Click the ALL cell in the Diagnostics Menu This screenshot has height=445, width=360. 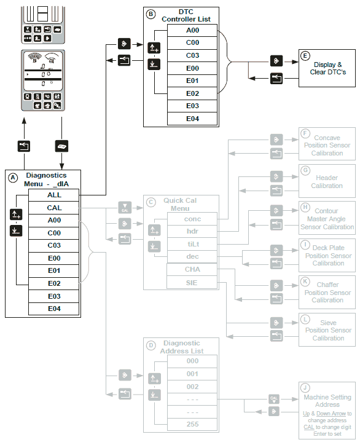(54, 195)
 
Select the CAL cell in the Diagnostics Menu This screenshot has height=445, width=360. (54, 208)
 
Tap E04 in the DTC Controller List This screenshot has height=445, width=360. (192, 119)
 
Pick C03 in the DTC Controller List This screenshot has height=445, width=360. (192, 55)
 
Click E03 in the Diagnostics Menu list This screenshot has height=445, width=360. (54, 296)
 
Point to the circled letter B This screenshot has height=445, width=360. (151, 14)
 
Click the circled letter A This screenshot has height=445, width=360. (13, 178)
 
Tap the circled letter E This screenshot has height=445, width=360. (305, 55)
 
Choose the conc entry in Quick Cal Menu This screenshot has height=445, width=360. (192, 219)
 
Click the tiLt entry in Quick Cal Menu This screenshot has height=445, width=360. (192, 244)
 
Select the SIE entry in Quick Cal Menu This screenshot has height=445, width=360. (192, 282)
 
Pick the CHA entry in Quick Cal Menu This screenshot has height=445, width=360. (192, 269)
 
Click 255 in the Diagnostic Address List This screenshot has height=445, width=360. (192, 424)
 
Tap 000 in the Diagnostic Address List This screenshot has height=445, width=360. (192, 361)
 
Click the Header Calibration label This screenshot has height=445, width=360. (327, 182)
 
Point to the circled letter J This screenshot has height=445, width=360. (305, 387)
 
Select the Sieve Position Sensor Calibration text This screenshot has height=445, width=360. (327, 330)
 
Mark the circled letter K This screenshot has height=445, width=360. (305, 282)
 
